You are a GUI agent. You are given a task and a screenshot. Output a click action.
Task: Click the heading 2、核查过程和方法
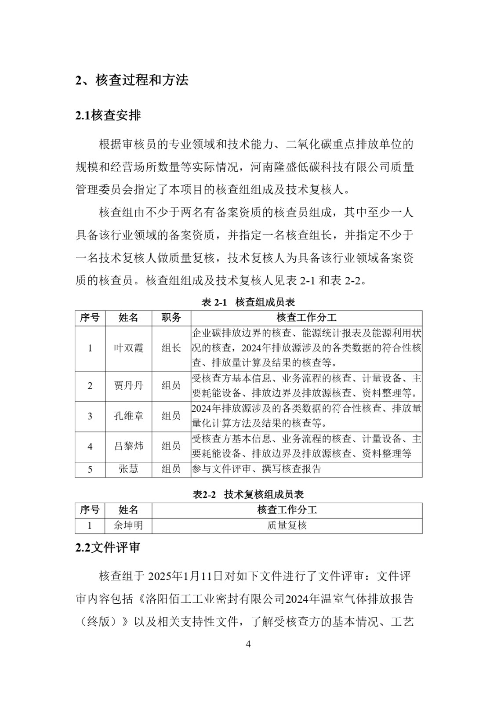coord(132,80)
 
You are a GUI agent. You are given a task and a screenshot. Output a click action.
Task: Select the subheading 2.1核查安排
coord(108,116)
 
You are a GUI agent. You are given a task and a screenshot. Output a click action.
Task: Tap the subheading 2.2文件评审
coord(108,548)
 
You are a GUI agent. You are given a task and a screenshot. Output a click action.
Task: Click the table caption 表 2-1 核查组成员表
coord(248,302)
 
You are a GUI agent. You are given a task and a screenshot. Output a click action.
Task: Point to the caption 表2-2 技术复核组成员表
coord(248,494)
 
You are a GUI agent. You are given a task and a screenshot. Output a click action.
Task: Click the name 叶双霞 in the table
coord(128,348)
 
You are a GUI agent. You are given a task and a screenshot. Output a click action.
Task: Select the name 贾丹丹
coord(128,386)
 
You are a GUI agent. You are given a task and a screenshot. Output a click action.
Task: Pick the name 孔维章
coord(128,416)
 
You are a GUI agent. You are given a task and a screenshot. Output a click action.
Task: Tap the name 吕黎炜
coord(128,446)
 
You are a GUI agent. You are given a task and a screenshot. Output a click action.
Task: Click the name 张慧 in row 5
coord(128,469)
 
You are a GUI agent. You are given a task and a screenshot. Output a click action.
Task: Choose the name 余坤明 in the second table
coord(128,525)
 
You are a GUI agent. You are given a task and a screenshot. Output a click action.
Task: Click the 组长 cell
coord(171,348)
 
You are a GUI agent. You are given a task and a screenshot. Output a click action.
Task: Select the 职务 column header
coord(171,318)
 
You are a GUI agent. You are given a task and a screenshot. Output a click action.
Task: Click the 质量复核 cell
coord(287,525)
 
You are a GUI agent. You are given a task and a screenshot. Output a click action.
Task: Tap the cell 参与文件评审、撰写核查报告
coord(256,469)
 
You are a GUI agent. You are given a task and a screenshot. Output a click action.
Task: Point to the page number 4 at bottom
coord(248,645)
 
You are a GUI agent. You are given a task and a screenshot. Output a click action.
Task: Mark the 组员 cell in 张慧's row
coord(171,469)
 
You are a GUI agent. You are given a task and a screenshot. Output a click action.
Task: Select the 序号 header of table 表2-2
coord(90,510)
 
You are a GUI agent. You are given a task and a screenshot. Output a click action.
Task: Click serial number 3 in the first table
coord(90,416)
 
